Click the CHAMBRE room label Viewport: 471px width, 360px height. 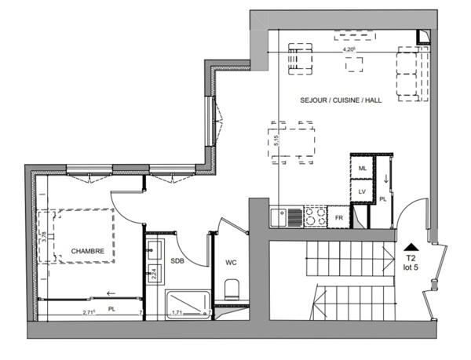click(x=88, y=251)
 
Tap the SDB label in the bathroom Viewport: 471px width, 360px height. click(x=177, y=260)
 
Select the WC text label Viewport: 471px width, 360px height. click(x=231, y=261)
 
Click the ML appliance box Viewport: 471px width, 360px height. click(x=362, y=169)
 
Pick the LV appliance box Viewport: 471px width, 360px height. click(x=362, y=191)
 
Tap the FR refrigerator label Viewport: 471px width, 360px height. click(x=339, y=216)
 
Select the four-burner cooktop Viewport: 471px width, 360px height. click(x=314, y=216)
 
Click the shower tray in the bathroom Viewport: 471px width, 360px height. click(x=188, y=301)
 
